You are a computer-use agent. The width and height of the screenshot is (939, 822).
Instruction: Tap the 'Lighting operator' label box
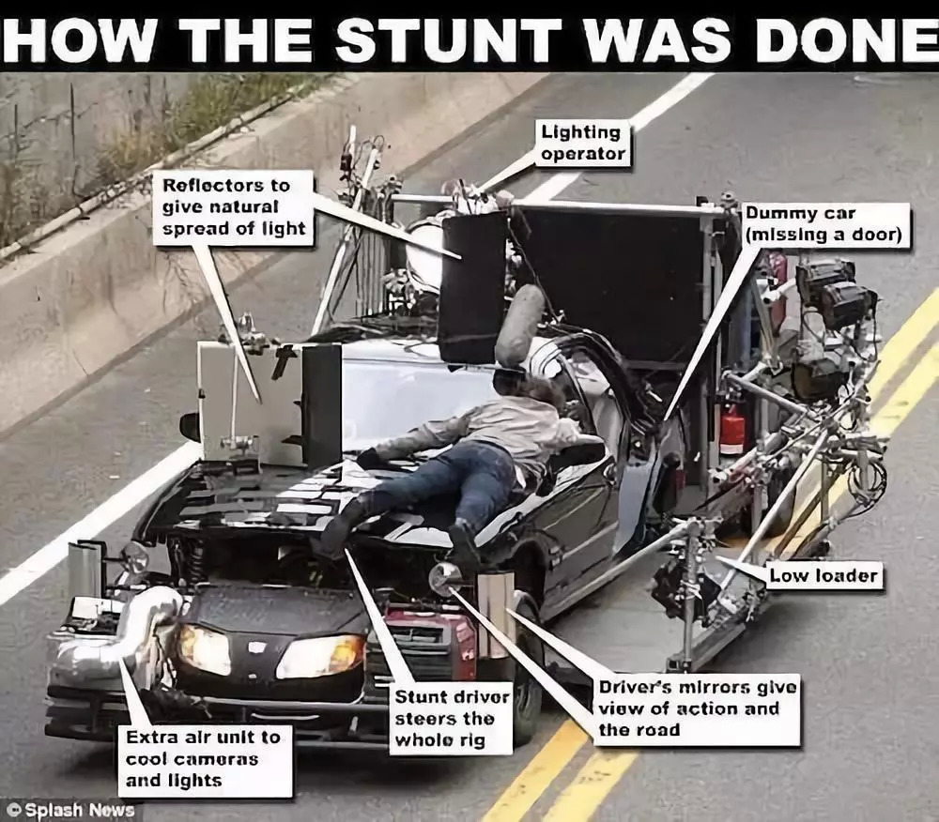tap(583, 143)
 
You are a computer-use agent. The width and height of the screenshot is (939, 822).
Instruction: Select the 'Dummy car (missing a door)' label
tap(825, 224)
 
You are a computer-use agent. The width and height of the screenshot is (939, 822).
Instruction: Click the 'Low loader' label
tap(824, 576)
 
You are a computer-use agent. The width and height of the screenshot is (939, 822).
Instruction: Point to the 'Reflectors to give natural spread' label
tap(234, 207)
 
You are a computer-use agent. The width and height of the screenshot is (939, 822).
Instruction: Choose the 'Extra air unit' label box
tap(205, 760)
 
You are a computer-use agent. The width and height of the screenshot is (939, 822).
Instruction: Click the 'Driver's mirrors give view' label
tap(696, 709)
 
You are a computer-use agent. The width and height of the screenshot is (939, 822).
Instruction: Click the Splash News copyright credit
tap(72, 811)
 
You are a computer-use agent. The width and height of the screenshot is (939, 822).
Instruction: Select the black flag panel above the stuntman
tap(473, 287)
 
